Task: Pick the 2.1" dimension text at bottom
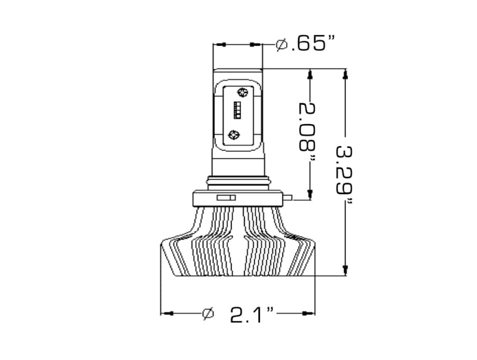(x=252, y=314)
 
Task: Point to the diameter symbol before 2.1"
(x=207, y=313)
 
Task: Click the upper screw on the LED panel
(x=242, y=92)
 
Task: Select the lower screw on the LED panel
(x=234, y=135)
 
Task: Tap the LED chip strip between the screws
(x=237, y=112)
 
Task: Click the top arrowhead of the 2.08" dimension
(x=310, y=73)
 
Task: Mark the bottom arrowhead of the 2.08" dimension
(x=310, y=194)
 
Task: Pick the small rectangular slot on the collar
(x=227, y=197)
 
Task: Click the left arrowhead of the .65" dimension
(x=219, y=44)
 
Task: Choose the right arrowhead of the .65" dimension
(x=257, y=44)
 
